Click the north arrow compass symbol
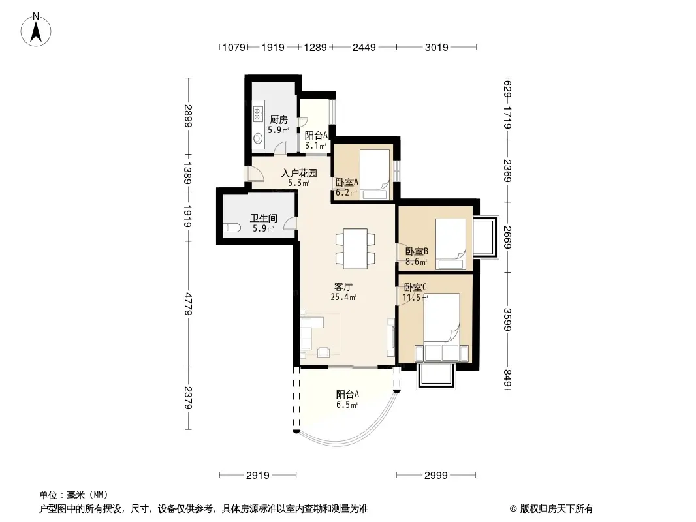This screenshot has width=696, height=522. [36, 30]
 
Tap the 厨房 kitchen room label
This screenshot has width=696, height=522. [279, 120]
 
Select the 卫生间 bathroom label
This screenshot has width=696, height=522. [263, 218]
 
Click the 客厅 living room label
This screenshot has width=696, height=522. [343, 286]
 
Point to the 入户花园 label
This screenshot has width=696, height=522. [299, 173]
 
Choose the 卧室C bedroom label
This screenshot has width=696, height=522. [415, 287]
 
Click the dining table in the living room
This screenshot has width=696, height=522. [355, 249]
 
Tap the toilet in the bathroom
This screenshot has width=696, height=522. [232, 228]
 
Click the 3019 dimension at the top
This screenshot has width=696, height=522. [436, 47]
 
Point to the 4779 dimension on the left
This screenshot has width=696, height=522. [188, 304]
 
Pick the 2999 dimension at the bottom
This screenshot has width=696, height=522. [436, 476]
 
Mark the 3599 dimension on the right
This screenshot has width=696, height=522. [507, 319]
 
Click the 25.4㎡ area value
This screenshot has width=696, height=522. [343, 297]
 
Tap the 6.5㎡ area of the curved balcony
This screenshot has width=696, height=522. [347, 405]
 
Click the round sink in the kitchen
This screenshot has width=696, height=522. [258, 139]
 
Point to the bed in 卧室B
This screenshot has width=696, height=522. [450, 245]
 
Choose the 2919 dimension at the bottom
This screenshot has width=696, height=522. [258, 476]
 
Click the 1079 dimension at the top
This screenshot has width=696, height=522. [234, 47]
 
